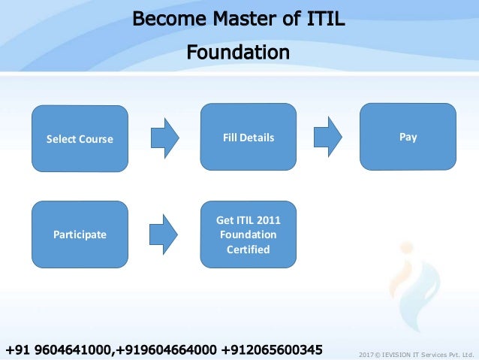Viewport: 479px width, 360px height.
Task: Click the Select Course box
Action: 80,139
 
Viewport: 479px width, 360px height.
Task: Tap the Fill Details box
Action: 249,138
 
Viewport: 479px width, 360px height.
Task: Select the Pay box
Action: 408,138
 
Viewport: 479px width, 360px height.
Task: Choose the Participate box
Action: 80,234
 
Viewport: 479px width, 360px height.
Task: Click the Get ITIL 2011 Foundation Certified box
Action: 249,234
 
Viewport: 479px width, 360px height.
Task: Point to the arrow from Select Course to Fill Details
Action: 165,138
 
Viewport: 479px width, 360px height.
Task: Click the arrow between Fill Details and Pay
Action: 327,138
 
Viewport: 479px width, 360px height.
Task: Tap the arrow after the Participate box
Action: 165,234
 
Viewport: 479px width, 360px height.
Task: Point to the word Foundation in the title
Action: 238,53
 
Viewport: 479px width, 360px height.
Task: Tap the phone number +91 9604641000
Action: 58,349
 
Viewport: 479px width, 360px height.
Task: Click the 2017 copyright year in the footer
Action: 366,353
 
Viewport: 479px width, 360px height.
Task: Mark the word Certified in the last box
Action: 249,249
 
